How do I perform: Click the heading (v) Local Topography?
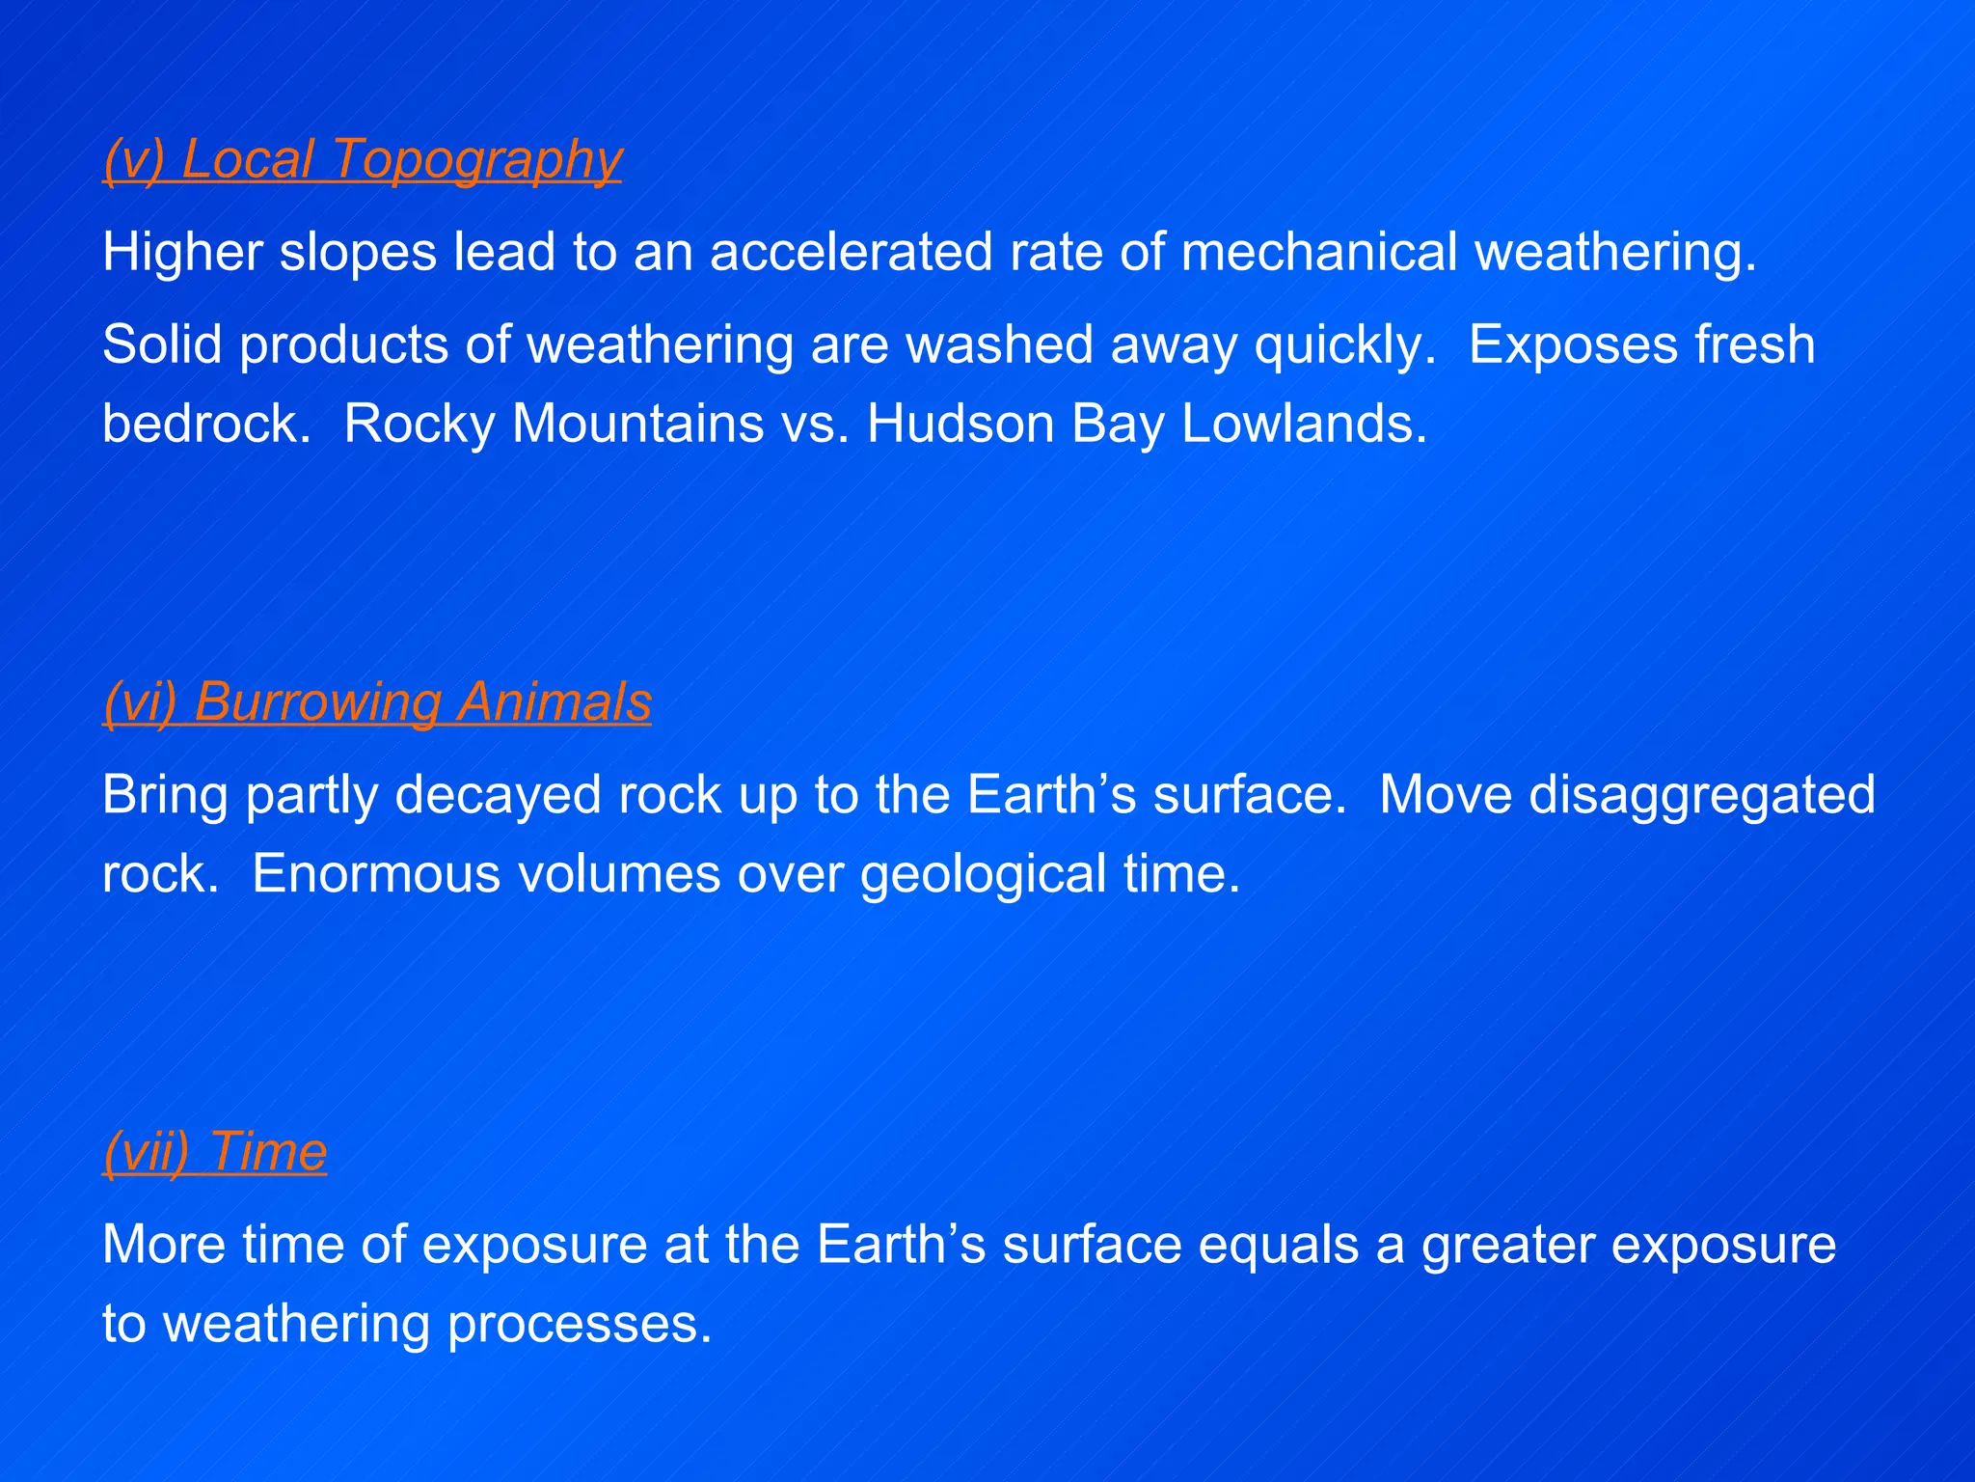[x=363, y=159]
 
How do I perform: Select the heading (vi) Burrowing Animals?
[x=377, y=702]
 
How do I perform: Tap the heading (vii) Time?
[x=215, y=1152]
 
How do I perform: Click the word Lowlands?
[x=1303, y=424]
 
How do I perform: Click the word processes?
[x=580, y=1325]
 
